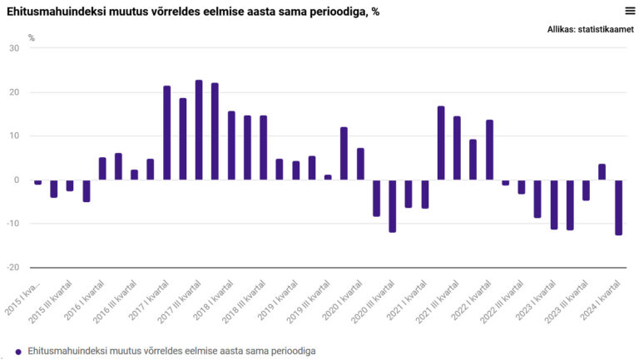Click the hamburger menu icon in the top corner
click(630, 11)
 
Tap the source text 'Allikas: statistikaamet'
click(591, 29)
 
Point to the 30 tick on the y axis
click(14, 48)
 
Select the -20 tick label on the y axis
click(12, 267)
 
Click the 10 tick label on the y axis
click(14, 136)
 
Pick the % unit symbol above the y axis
click(32, 38)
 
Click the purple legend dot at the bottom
click(18, 352)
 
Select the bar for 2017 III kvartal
click(199, 130)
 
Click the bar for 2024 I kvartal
click(619, 208)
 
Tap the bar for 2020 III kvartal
click(393, 206)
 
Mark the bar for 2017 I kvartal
click(166, 133)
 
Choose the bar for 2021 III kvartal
click(458, 148)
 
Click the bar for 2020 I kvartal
click(344, 154)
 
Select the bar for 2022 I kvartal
click(489, 150)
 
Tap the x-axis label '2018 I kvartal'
click(212, 300)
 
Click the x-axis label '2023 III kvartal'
click(567, 302)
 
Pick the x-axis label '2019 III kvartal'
click(308, 302)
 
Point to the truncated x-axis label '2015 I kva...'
click(22, 298)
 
